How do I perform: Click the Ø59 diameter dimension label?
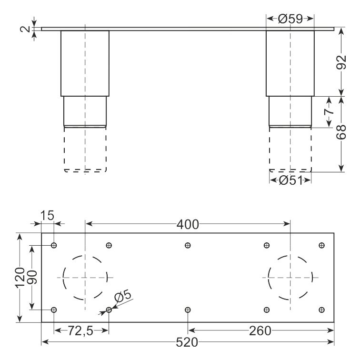(290, 19)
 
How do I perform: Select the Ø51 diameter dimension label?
(290, 180)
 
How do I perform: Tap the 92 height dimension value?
(341, 62)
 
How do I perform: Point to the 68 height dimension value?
(341, 132)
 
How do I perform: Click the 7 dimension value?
(329, 111)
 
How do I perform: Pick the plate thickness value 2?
(25, 29)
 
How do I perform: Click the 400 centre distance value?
(188, 225)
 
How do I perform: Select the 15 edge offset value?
(47, 215)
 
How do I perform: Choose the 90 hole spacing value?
(32, 277)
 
